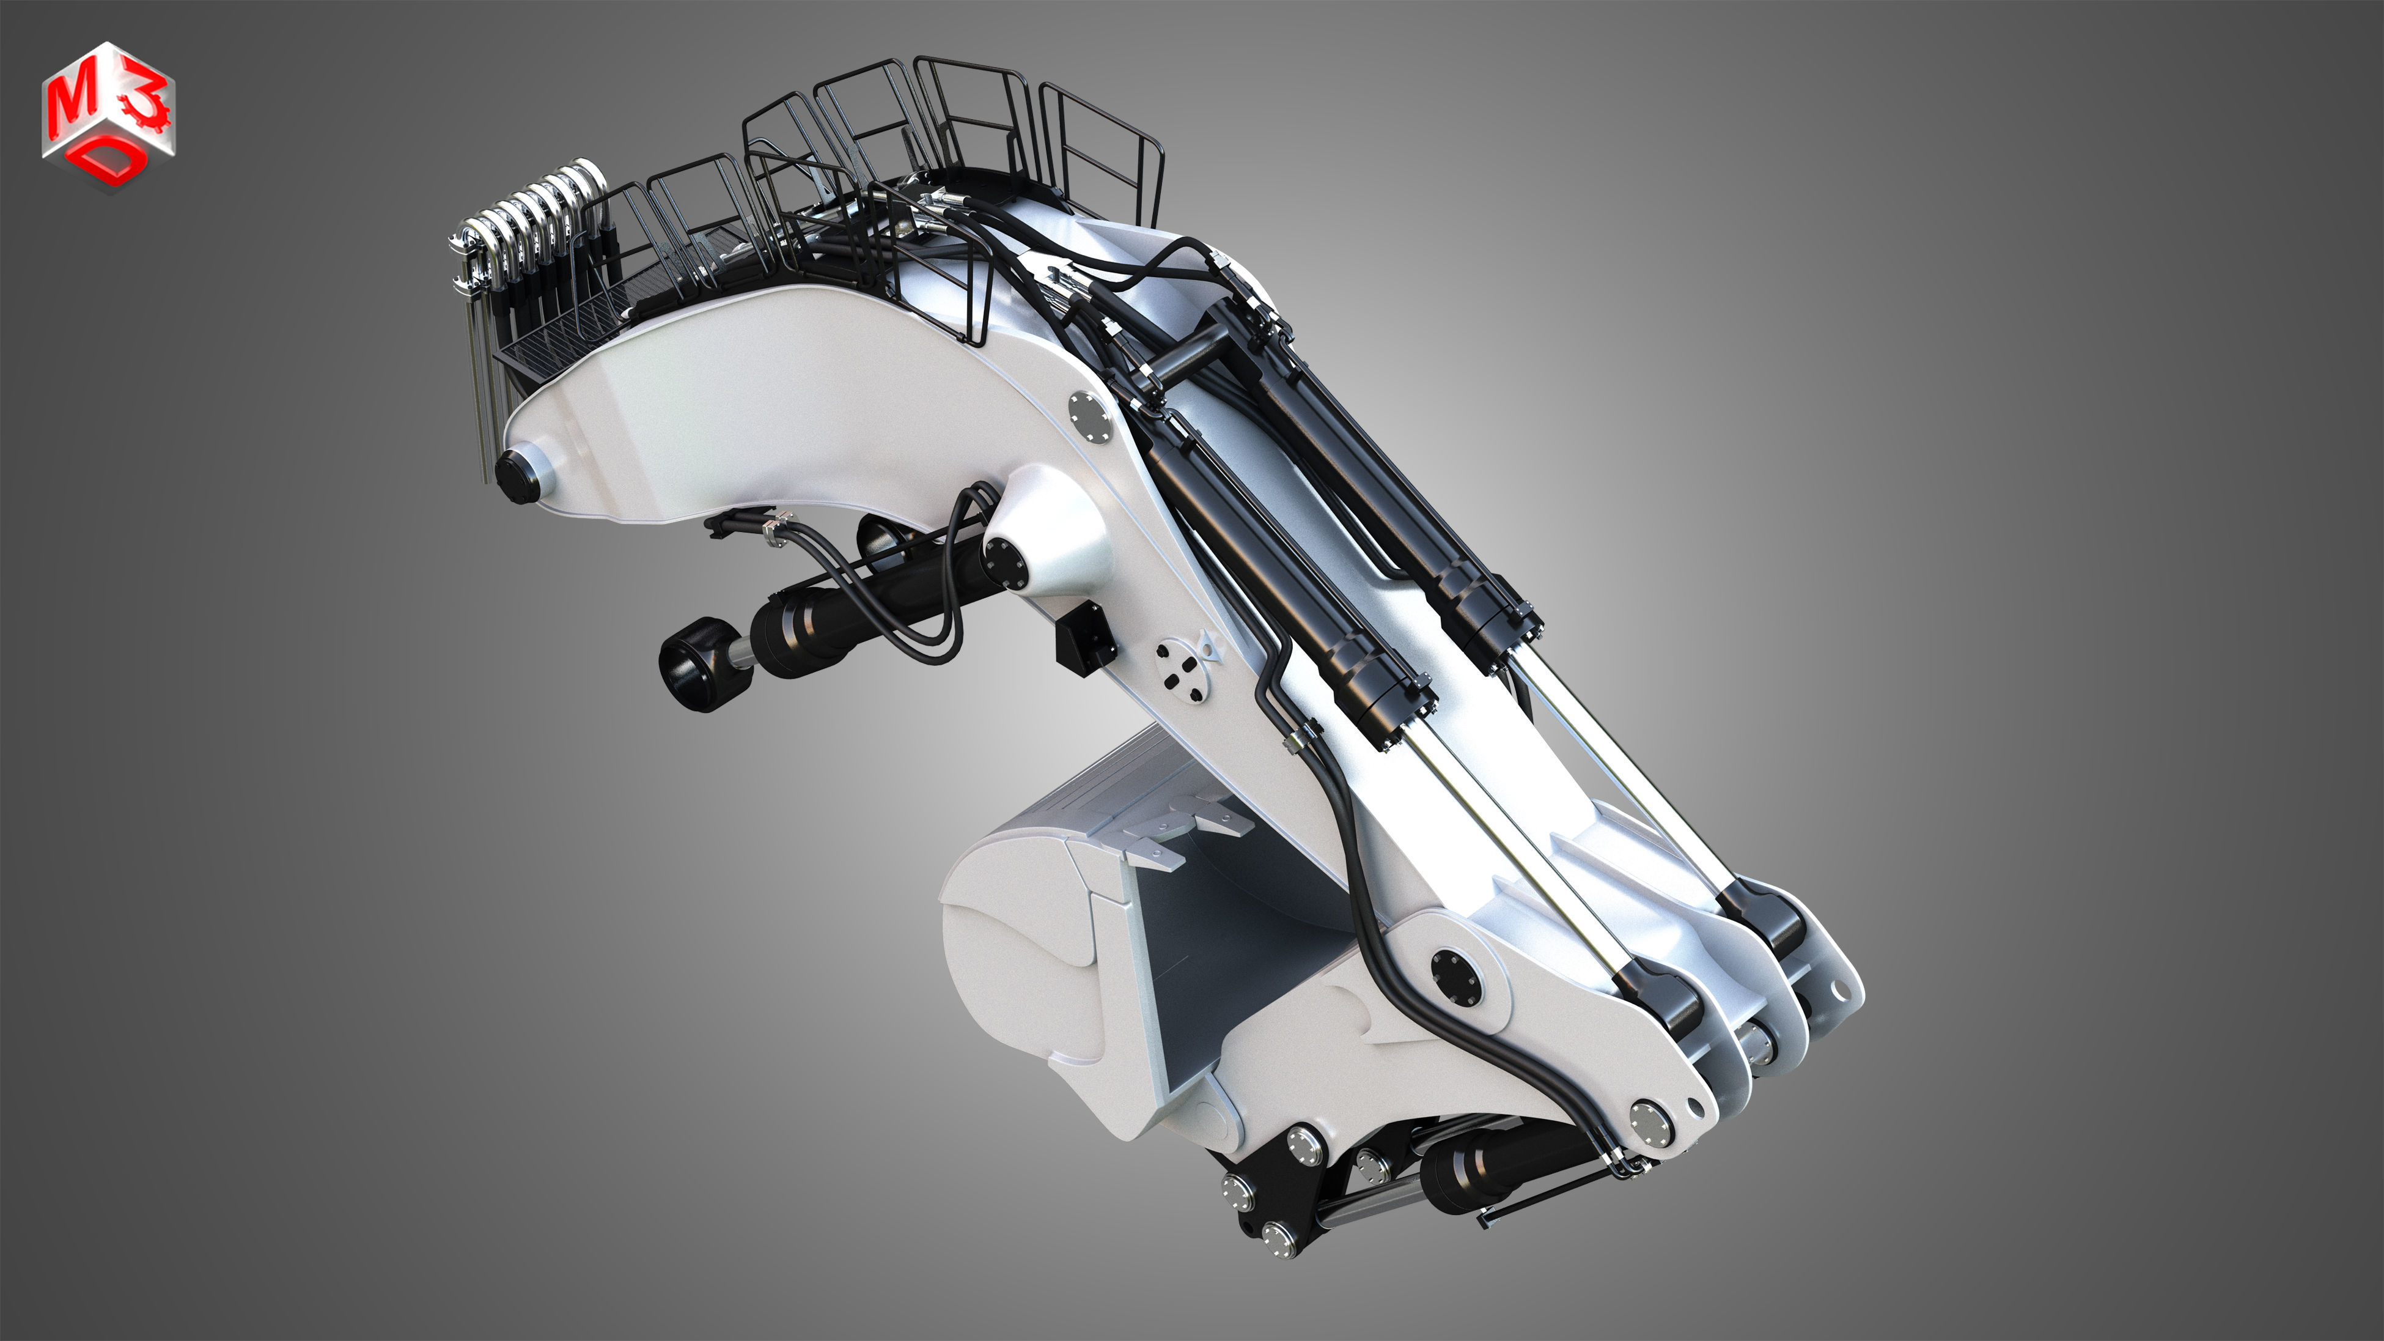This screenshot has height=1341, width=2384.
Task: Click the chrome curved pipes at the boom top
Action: [537, 218]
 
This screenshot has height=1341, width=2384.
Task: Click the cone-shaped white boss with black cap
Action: [1037, 546]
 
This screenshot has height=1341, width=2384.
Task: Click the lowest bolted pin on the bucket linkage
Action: [1278, 1235]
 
